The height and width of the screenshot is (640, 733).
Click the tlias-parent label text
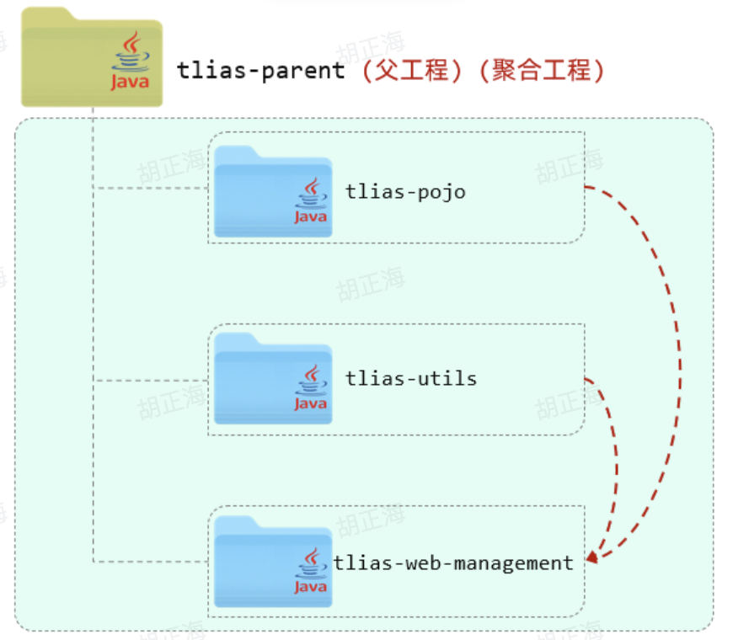pos(261,71)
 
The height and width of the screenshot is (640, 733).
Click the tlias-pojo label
pos(405,192)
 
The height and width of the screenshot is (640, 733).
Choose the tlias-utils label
pos(411,379)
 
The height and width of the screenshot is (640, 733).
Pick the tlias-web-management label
pos(453,563)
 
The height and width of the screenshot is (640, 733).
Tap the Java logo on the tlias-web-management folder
pos(310,571)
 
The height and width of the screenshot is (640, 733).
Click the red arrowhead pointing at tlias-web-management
pos(593,557)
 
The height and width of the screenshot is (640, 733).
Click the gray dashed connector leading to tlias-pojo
pos(152,188)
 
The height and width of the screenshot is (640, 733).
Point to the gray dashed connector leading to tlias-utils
pos(152,381)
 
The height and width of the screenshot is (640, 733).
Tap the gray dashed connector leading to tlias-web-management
pos(152,561)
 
